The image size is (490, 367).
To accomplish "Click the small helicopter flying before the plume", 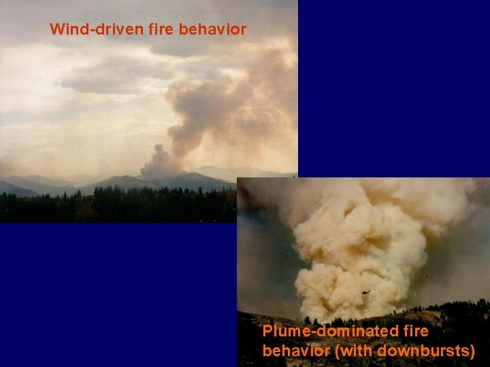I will coord(366,292).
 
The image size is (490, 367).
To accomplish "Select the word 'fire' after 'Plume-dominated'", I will coord(415,332).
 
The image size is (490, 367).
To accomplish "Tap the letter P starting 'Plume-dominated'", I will coord(267,332).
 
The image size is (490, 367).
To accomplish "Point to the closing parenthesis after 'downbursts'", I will coord(472,351).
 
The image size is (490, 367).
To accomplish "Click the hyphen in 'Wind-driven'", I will coord(86,31).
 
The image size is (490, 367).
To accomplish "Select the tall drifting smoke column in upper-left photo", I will coord(204,109).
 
